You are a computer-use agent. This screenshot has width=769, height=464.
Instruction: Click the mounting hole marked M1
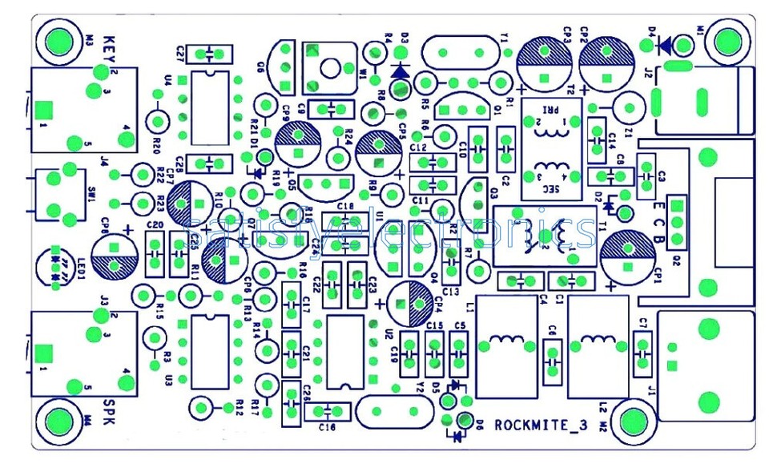pos(727,41)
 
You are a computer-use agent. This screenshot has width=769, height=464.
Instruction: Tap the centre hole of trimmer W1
pos(329,69)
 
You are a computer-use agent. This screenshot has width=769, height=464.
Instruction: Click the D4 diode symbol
pos(664,46)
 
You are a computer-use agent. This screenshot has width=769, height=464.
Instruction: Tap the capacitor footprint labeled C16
pos(329,411)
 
